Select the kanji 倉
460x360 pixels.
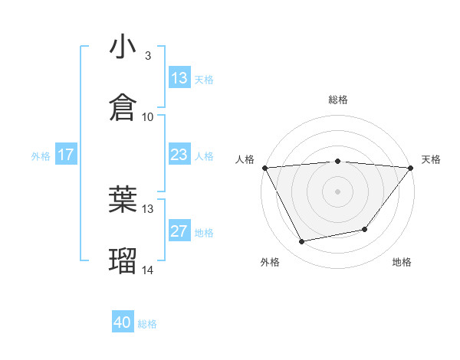point(123,106)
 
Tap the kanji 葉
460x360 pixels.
point(123,199)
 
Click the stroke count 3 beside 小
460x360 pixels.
point(148,55)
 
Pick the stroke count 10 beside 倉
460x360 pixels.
point(148,116)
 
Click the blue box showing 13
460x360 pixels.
point(179,78)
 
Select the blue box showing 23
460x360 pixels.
point(179,155)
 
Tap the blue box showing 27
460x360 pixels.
point(179,231)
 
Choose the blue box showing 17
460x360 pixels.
point(65,155)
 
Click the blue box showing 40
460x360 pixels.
point(123,322)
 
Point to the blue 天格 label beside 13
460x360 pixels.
point(204,79)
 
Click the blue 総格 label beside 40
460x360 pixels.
point(147,323)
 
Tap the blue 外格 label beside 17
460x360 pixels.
point(41,155)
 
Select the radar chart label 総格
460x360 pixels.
point(338,100)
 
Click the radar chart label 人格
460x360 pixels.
point(245,159)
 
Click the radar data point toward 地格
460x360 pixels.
point(365,229)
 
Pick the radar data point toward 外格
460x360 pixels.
point(302,241)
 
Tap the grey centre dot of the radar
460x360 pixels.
point(338,191)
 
